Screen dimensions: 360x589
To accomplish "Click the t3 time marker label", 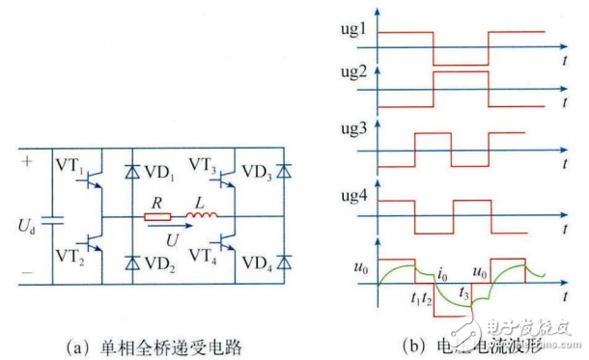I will click(465, 291).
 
